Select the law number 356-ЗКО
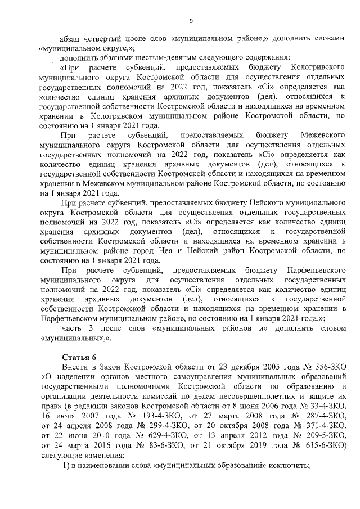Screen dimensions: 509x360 pos(325,366)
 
